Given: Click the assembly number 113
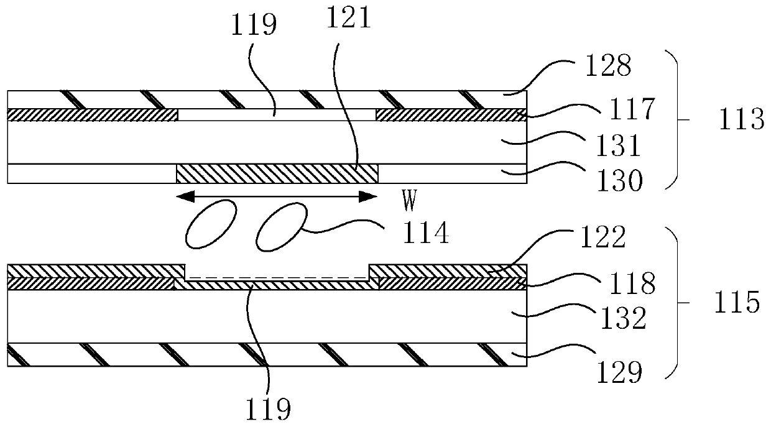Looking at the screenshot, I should (741, 119).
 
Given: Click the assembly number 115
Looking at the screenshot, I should (740, 303).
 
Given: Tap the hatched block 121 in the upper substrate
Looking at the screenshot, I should (277, 173).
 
